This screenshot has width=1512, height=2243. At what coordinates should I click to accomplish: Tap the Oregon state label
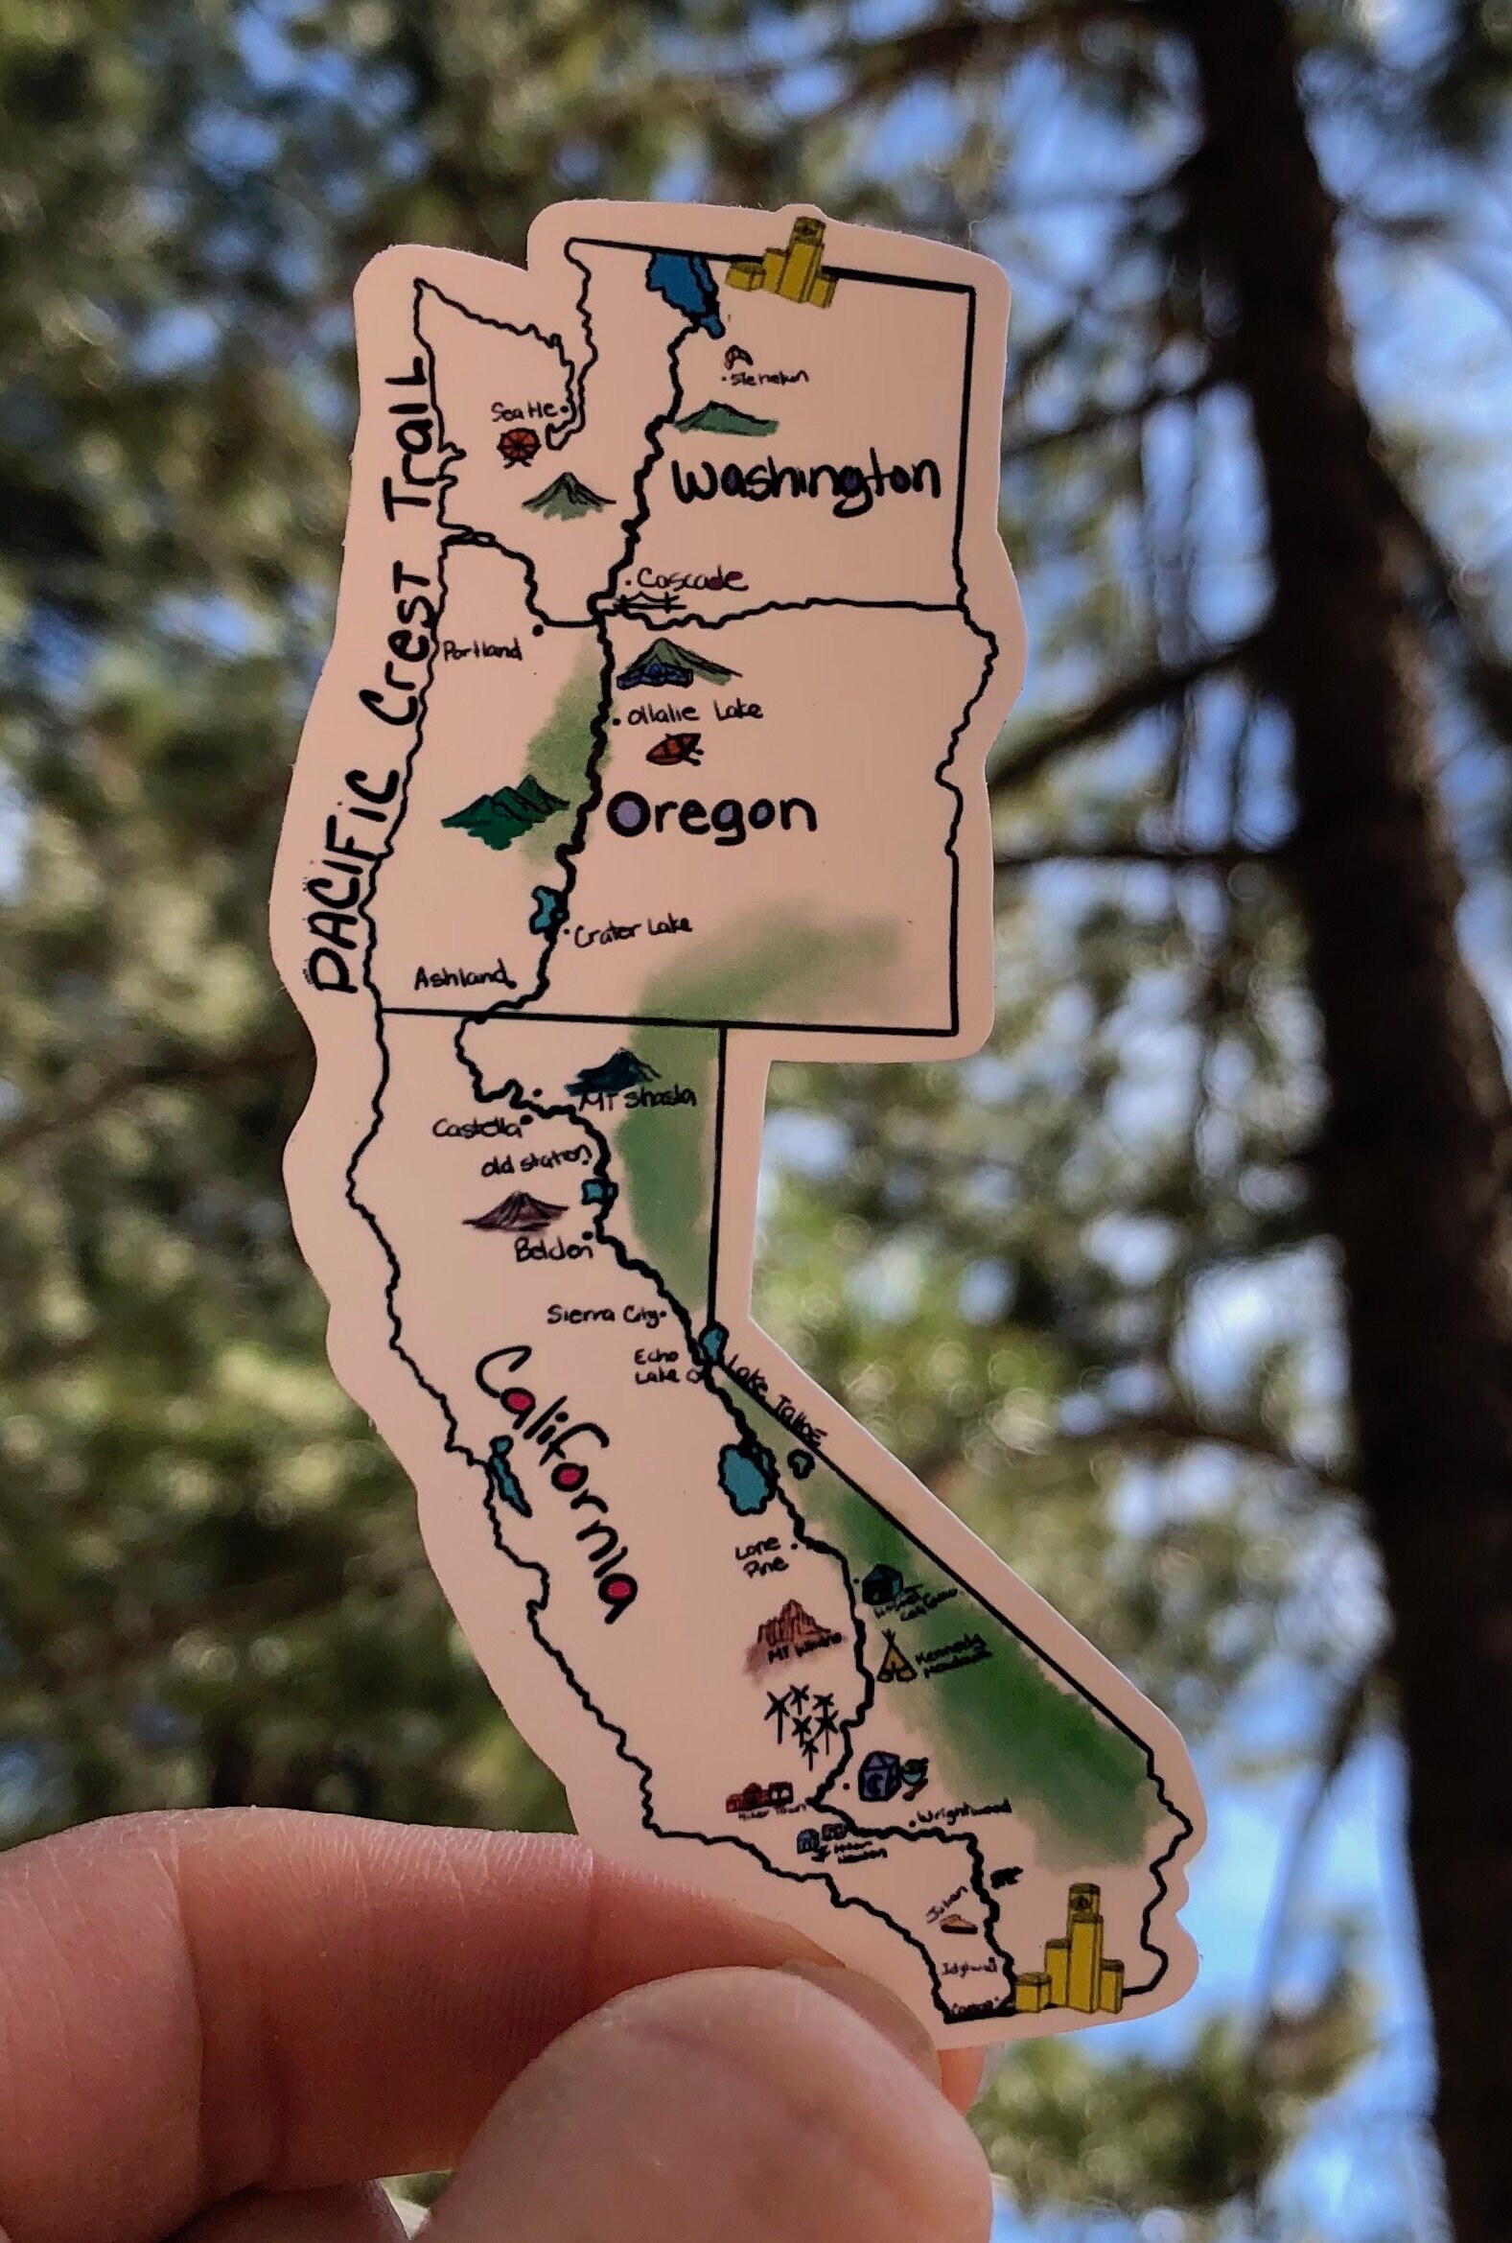[x=712, y=816]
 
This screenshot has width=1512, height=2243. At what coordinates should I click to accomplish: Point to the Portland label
[x=481, y=650]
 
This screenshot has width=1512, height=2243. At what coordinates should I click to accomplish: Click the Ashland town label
[x=460, y=978]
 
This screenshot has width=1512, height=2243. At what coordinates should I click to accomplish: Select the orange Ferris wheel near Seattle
[x=519, y=446]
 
